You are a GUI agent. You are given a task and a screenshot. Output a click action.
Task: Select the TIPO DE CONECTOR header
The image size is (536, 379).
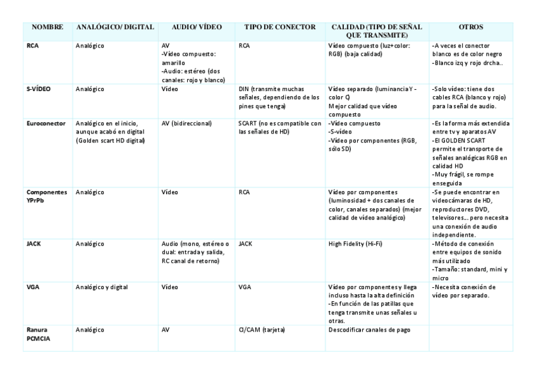click(279, 27)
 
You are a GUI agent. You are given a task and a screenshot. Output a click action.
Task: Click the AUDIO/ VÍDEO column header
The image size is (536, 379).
click(197, 27)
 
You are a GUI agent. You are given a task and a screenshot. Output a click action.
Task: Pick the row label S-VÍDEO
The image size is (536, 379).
click(39, 89)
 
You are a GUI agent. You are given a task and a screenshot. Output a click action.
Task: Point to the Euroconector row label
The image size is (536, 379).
click(46, 123)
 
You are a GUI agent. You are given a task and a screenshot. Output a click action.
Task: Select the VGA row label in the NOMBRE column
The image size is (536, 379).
click(33, 287)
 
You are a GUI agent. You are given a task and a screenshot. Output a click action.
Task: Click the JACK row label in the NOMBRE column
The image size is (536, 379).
click(34, 243)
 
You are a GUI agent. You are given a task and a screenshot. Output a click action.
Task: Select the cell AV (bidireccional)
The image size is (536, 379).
click(186, 123)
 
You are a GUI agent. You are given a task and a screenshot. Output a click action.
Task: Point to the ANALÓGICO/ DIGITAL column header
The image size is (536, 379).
click(115, 27)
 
